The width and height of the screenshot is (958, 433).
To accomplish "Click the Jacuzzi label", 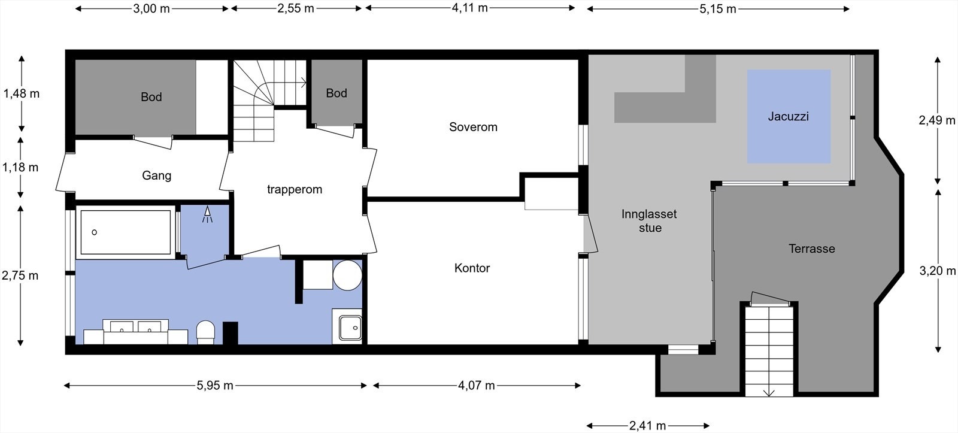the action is click(788, 116).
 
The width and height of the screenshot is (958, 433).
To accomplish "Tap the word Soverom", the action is click(473, 127).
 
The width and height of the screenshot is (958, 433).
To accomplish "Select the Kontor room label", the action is click(472, 268).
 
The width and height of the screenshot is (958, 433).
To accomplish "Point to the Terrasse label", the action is click(812, 249).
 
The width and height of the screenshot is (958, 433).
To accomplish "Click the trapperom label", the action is click(294, 189).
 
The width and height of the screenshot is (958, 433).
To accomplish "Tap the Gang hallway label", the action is click(156, 175).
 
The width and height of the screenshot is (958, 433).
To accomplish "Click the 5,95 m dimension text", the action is click(215, 386).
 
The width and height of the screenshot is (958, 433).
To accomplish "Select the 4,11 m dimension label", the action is click(469, 8).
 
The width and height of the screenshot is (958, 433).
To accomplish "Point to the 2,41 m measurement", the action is click(647, 426).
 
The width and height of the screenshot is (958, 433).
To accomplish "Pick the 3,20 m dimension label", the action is click(938, 271).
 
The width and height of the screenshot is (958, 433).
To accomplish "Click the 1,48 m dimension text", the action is click(22, 93).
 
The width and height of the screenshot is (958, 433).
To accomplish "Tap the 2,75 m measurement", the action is click(20, 275).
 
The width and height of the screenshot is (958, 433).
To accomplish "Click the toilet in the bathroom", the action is click(205, 332).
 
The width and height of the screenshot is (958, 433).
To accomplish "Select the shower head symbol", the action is click(207, 214).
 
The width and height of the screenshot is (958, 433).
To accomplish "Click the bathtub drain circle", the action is click(95, 232).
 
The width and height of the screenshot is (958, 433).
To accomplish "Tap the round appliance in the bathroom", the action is click(347, 275).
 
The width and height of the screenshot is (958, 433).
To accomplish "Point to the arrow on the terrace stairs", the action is click(769, 392).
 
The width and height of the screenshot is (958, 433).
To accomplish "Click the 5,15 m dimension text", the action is click(718, 9).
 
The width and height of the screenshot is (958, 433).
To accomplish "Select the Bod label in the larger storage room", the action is click(151, 97).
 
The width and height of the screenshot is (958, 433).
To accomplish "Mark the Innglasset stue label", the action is click(649, 221).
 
